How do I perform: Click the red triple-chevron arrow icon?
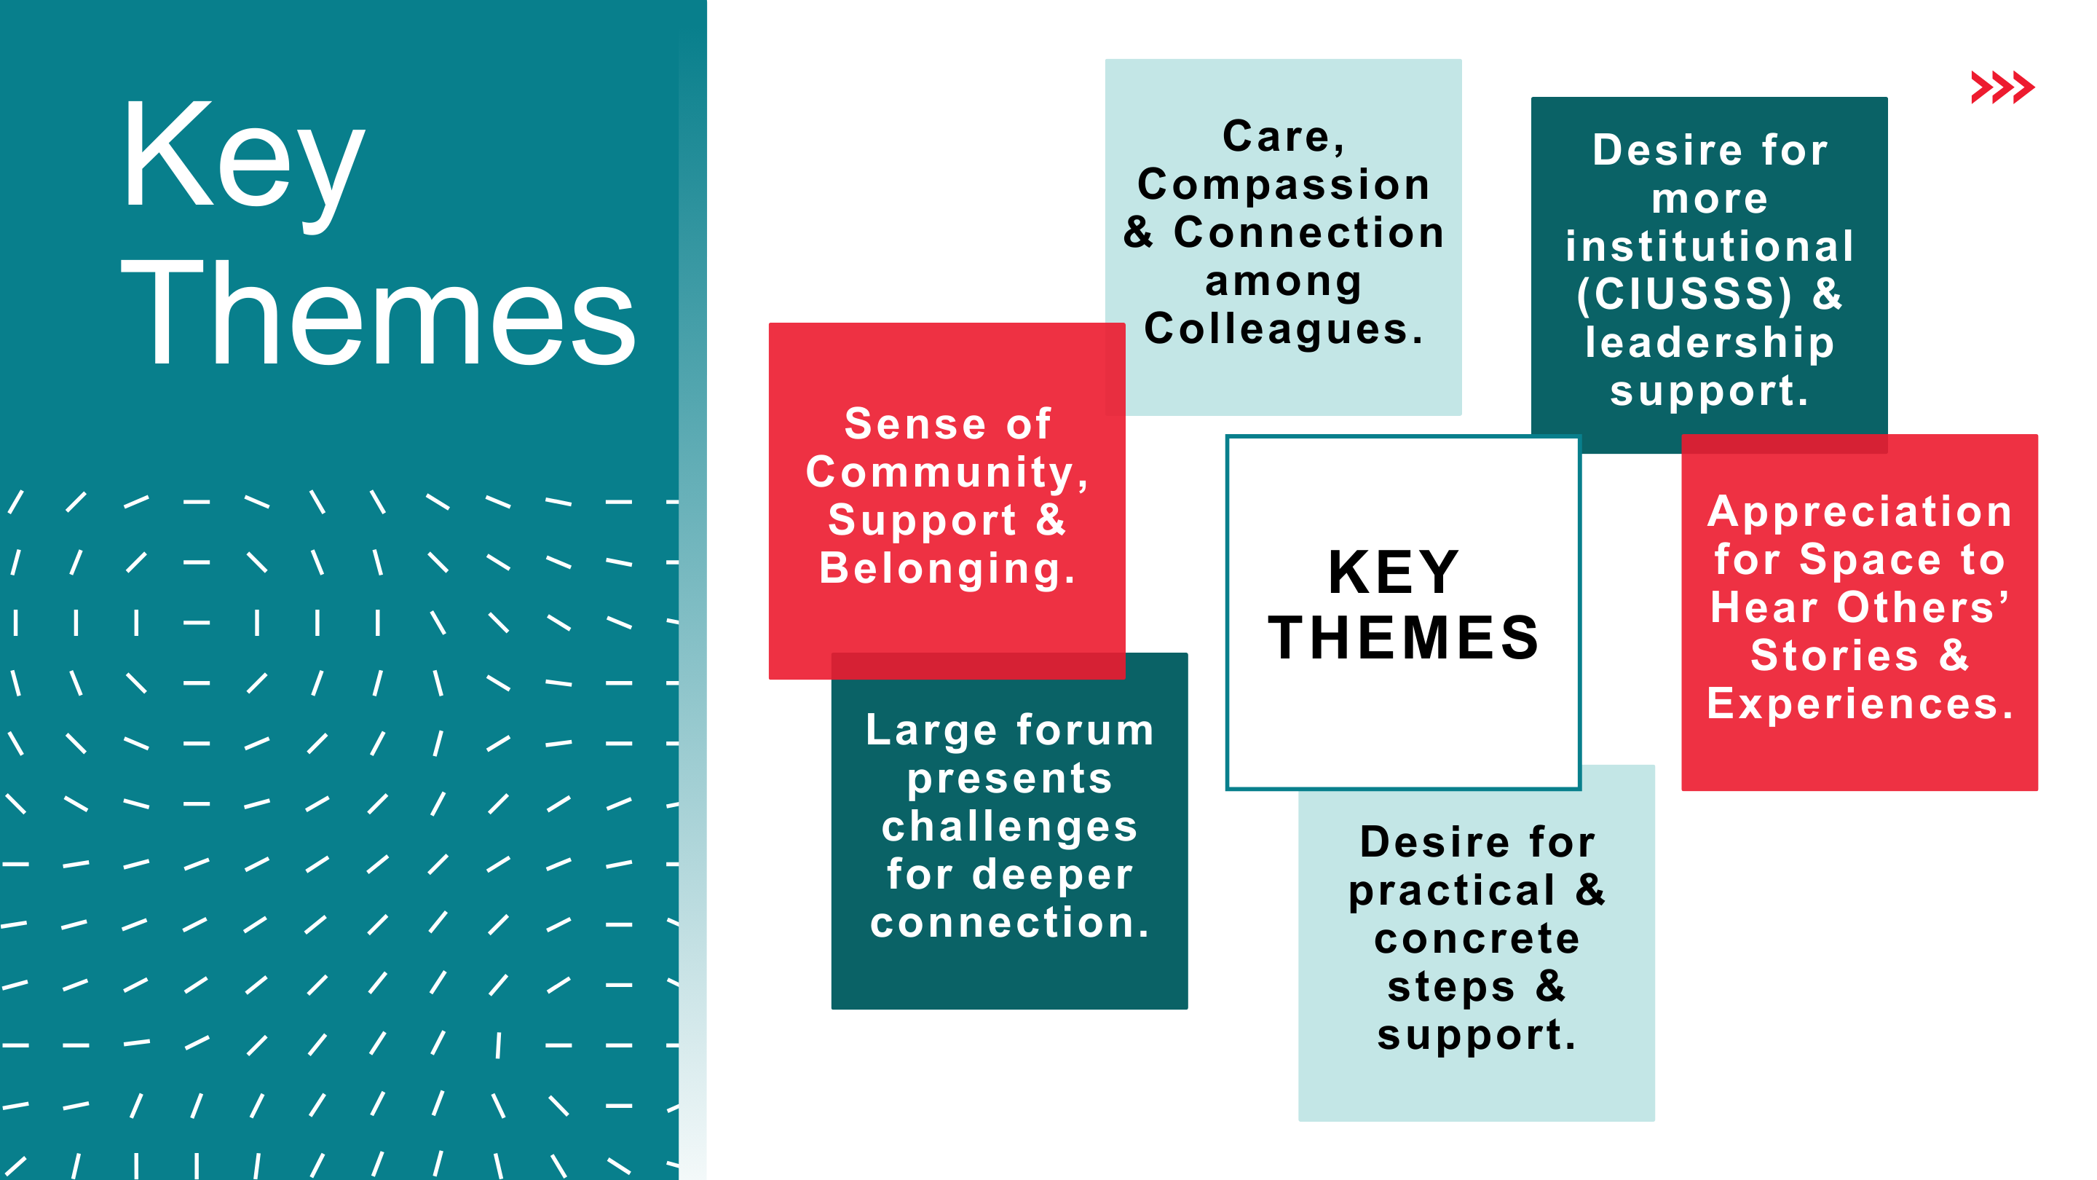click(2002, 87)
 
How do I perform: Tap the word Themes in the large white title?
click(379, 312)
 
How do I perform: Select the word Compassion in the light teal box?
click(1284, 186)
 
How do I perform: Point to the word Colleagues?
click(1284, 330)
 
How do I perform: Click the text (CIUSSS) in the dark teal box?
click(1684, 294)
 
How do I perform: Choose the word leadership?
click(1710, 344)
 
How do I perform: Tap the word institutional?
click(1710, 246)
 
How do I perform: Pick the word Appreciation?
click(1860, 513)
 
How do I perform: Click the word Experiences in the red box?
click(1860, 704)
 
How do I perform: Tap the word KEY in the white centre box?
click(1394, 573)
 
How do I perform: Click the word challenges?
click(1009, 827)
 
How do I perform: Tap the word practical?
click(1451, 892)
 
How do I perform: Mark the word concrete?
click(1477, 939)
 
